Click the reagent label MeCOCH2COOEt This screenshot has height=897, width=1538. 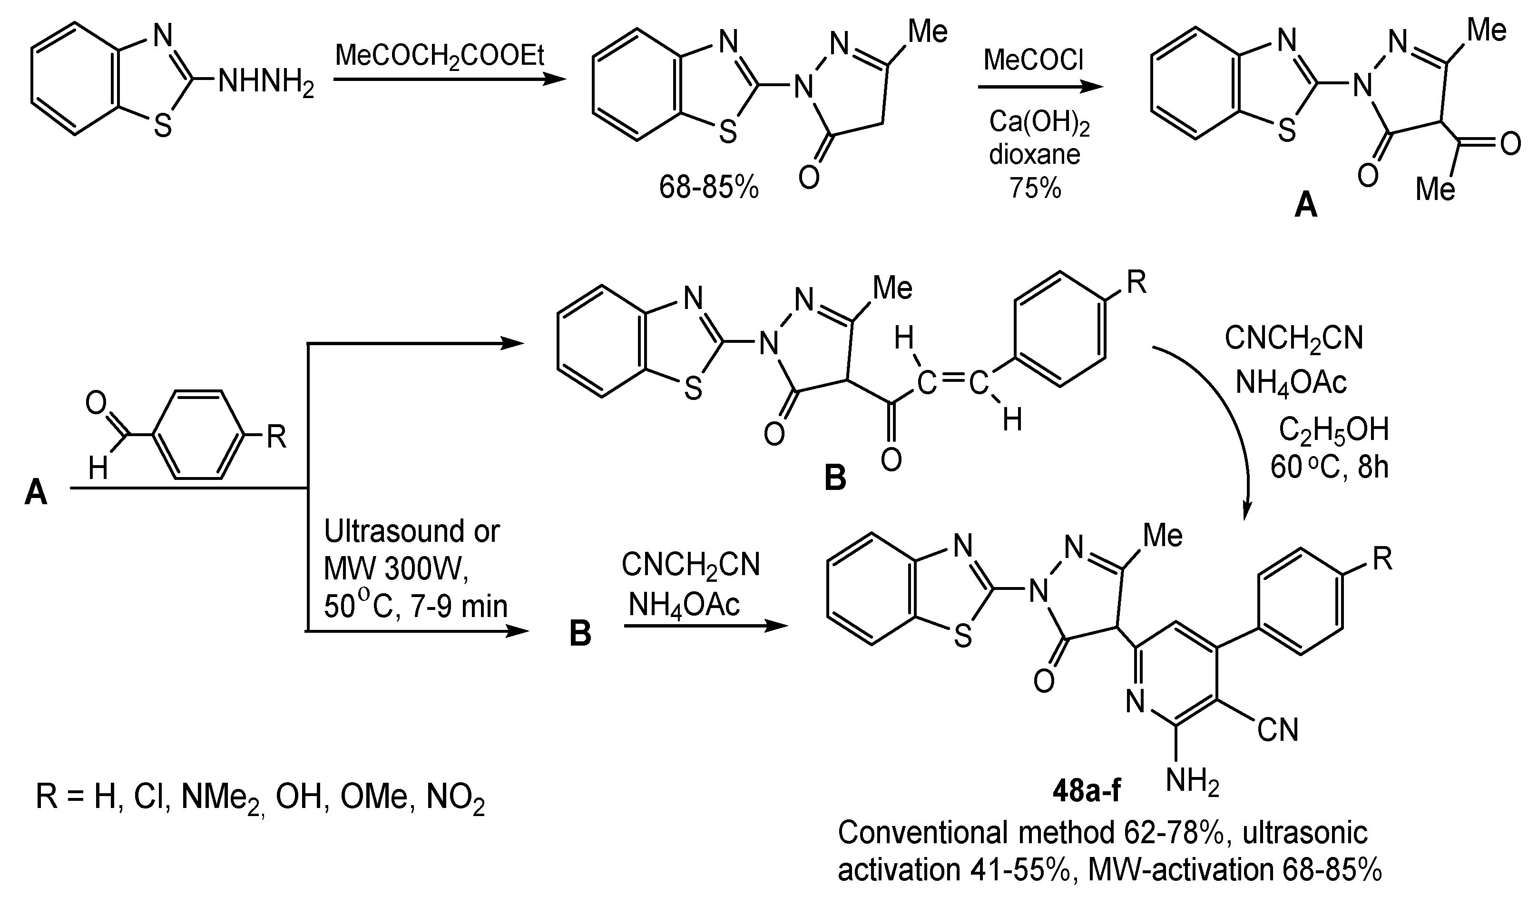[x=440, y=57]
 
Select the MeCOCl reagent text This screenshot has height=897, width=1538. [x=1034, y=60]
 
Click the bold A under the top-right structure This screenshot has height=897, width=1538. [x=1305, y=205]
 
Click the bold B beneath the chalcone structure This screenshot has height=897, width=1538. [x=835, y=478]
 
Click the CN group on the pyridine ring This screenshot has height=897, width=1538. [x=1277, y=730]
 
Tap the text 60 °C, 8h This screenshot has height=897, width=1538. [x=1329, y=467]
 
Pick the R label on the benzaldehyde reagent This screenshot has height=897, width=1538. [x=276, y=437]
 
